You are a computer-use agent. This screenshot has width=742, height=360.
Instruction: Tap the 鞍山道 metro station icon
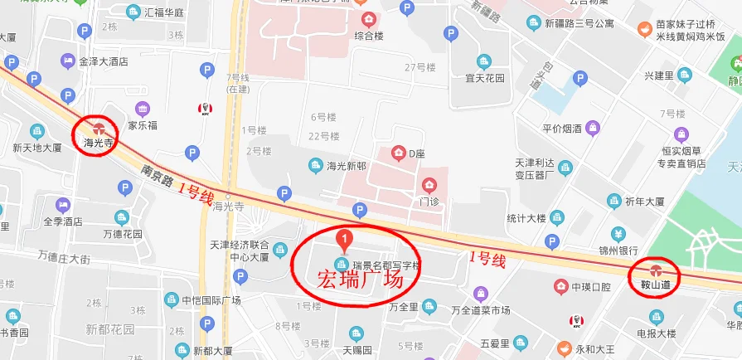(656, 270)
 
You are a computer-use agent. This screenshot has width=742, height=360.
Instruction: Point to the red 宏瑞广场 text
(360, 280)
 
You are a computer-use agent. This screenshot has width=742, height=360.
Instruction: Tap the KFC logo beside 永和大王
(573, 322)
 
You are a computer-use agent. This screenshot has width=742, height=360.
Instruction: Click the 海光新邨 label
(346, 166)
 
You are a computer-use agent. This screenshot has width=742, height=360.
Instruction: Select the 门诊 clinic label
(429, 201)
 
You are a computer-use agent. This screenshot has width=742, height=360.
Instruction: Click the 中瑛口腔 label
(590, 287)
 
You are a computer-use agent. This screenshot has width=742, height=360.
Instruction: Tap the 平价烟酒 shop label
(564, 129)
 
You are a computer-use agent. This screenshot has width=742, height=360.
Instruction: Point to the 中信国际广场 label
(211, 299)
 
